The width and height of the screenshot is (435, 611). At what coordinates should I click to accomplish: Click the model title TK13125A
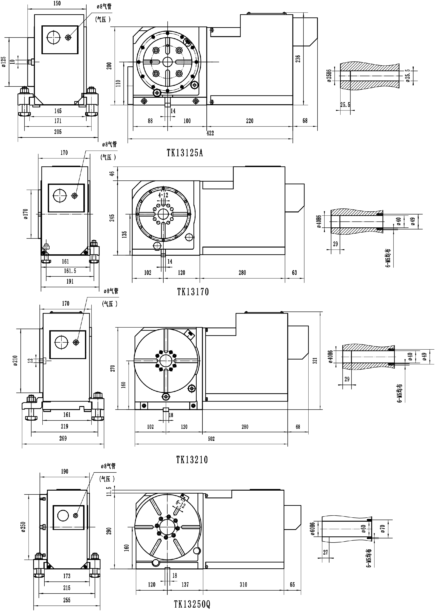(x=185, y=153)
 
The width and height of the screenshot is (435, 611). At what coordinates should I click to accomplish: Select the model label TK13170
(x=193, y=292)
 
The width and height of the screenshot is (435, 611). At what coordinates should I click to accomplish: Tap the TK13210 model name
(x=192, y=460)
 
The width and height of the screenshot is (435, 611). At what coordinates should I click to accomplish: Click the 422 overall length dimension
(x=210, y=133)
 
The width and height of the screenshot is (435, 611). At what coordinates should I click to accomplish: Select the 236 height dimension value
(x=298, y=59)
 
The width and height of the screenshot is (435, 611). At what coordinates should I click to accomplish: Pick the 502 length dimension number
(x=211, y=439)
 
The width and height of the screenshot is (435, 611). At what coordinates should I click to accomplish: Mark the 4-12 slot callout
(x=163, y=195)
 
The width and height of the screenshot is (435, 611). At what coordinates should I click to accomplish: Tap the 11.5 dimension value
(x=109, y=492)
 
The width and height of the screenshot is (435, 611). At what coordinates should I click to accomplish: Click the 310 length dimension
(x=243, y=584)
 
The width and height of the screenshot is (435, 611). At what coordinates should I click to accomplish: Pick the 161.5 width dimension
(x=70, y=271)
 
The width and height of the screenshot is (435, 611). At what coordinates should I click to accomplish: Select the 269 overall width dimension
(x=63, y=438)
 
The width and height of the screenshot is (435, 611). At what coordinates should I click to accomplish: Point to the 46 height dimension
(x=112, y=174)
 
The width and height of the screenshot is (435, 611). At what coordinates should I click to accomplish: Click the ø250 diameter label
(x=23, y=527)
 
